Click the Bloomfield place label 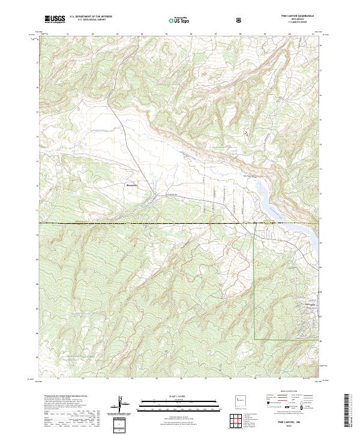132,185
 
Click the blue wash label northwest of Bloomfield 90,131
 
